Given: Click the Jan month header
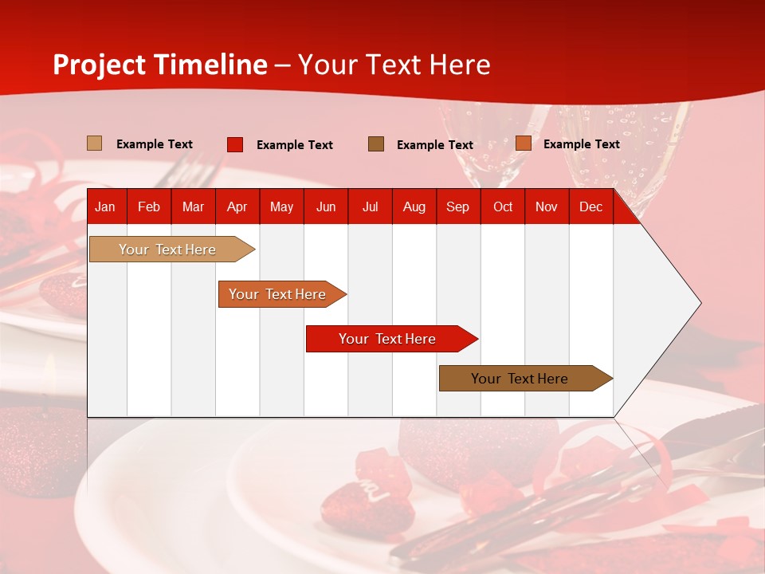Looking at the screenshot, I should [105, 207].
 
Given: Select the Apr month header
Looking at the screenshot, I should [237, 207].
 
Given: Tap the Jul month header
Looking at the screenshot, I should [370, 207].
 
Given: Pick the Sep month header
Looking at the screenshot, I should [457, 207].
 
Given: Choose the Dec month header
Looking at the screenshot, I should [590, 207].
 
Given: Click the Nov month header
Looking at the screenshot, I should [547, 207].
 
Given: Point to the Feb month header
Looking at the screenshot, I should [149, 207].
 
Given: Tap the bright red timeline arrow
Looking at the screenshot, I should [388, 339].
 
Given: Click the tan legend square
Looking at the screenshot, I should [95, 143].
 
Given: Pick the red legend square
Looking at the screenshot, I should [235, 144].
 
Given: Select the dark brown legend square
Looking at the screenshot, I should [376, 144].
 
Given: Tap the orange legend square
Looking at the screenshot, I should [524, 143].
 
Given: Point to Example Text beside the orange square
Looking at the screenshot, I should [581, 144].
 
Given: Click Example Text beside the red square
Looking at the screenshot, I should [294, 145].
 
